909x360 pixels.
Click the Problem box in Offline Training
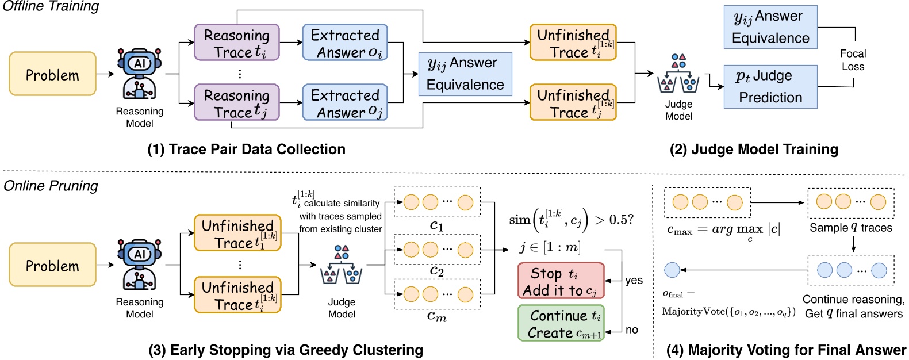point(52,74)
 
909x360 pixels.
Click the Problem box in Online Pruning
point(52,265)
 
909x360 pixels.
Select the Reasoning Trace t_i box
point(237,43)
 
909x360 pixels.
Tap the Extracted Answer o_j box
point(345,103)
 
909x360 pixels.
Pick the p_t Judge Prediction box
point(770,87)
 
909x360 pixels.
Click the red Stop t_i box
point(561,281)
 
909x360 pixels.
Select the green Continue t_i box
point(561,323)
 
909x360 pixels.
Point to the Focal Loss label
point(853,60)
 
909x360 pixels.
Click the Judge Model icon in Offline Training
point(678,75)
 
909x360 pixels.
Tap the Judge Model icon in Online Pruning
point(342,266)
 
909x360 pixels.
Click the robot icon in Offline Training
point(139,74)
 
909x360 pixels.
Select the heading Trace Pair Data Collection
point(246,150)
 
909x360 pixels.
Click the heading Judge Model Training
point(754,150)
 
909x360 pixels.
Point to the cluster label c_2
point(437,271)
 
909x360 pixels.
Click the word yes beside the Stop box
point(634,280)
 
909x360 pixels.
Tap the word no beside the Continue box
point(631,330)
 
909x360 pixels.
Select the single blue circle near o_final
point(672,270)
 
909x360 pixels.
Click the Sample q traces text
point(851,228)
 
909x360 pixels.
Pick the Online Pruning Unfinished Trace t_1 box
point(237,233)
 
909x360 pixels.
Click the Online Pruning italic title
point(51,186)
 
